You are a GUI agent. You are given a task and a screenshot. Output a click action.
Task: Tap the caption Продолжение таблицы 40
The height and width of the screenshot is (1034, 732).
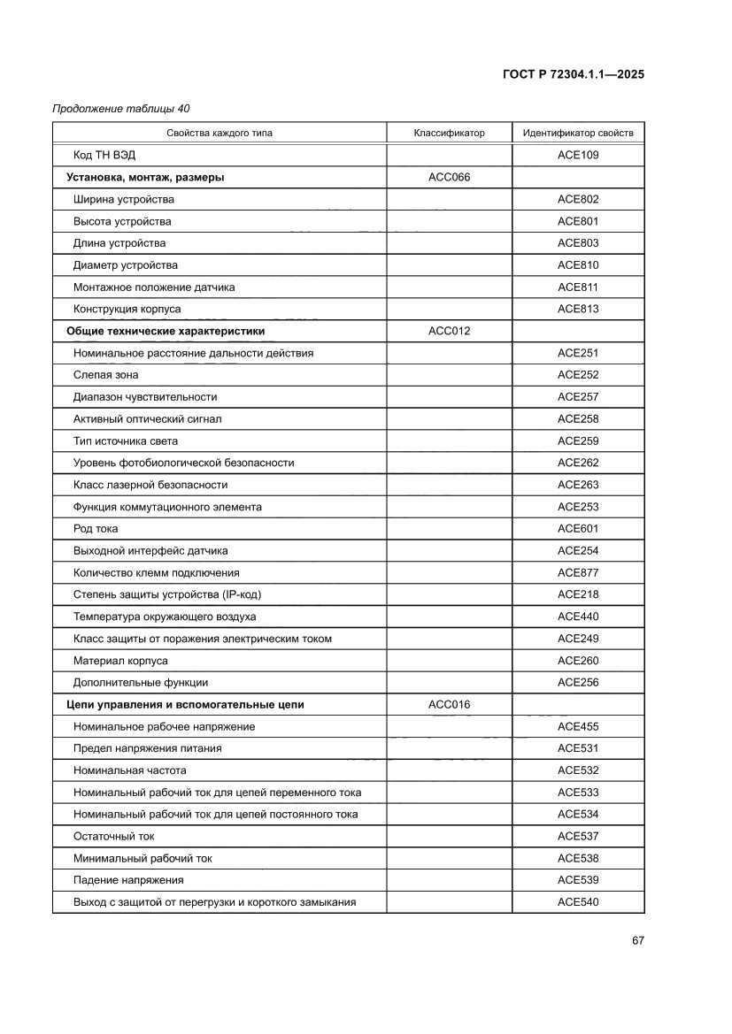pos(121,109)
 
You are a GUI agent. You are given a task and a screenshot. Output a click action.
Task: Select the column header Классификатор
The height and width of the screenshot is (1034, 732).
pos(449,134)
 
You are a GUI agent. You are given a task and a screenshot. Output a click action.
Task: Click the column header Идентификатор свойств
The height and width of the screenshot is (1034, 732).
pos(578,134)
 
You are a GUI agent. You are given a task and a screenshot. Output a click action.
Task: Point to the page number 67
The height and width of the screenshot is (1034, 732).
pos(637,940)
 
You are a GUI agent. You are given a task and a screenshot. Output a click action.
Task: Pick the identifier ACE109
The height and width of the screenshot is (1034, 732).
pos(578,156)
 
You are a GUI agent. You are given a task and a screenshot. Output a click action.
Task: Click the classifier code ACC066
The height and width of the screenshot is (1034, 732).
pos(449,178)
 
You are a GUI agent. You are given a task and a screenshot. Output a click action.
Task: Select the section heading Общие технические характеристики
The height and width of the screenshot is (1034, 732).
pos(166,331)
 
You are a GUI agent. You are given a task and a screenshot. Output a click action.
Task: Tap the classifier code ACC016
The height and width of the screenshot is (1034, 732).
pos(449,705)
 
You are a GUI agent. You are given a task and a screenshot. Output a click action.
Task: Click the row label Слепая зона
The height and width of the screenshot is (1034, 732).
pos(105,375)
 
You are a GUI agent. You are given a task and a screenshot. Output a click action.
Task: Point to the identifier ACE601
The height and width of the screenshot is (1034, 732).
pos(578,529)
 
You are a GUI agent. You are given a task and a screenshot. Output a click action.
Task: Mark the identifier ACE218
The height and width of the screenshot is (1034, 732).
pos(578,594)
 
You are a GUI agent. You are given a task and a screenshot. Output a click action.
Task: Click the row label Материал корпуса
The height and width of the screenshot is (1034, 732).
pos(120,661)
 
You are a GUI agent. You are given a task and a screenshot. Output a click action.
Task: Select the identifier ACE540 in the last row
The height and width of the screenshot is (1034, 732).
pos(578,902)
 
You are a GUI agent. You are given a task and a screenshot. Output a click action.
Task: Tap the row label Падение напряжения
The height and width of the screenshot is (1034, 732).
pos(128,880)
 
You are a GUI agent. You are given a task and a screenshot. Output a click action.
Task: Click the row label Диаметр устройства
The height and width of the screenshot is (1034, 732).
pos(125,265)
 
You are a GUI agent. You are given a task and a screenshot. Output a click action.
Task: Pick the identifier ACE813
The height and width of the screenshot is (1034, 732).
pos(578,310)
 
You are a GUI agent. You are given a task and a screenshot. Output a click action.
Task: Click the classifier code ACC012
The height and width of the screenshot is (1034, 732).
pos(449,331)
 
